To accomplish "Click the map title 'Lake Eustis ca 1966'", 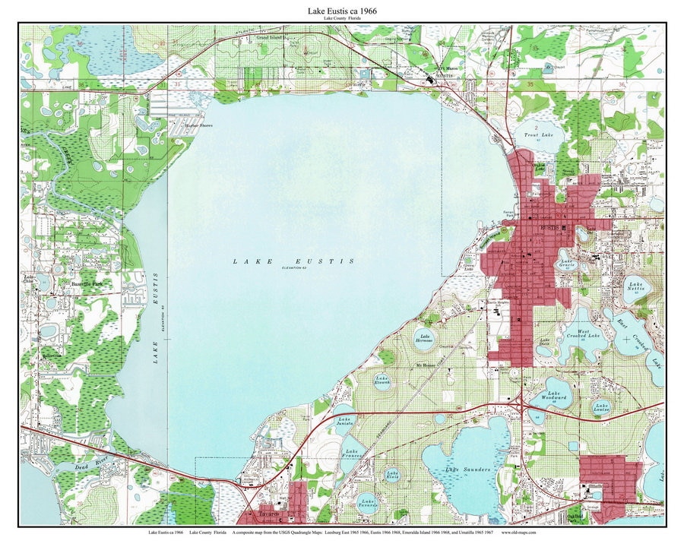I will coord(342,11).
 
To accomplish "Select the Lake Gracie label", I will coord(566,264).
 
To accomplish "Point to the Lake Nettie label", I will coord(635,286).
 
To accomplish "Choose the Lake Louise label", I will coord(602,407).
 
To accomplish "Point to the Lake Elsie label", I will coord(392,475).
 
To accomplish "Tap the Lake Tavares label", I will coord(368,504).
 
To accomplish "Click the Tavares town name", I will coord(269,514).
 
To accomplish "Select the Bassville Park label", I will coord(86,283).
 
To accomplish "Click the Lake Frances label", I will coord(352,453).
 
